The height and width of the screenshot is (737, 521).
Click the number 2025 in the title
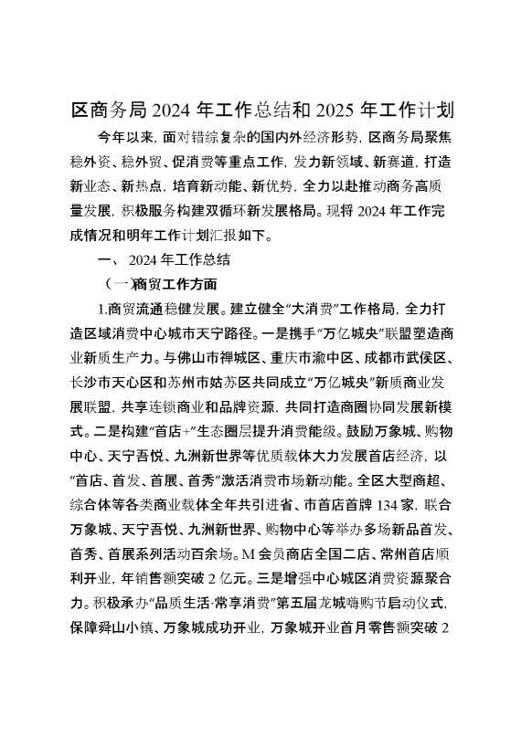tap(337, 112)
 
